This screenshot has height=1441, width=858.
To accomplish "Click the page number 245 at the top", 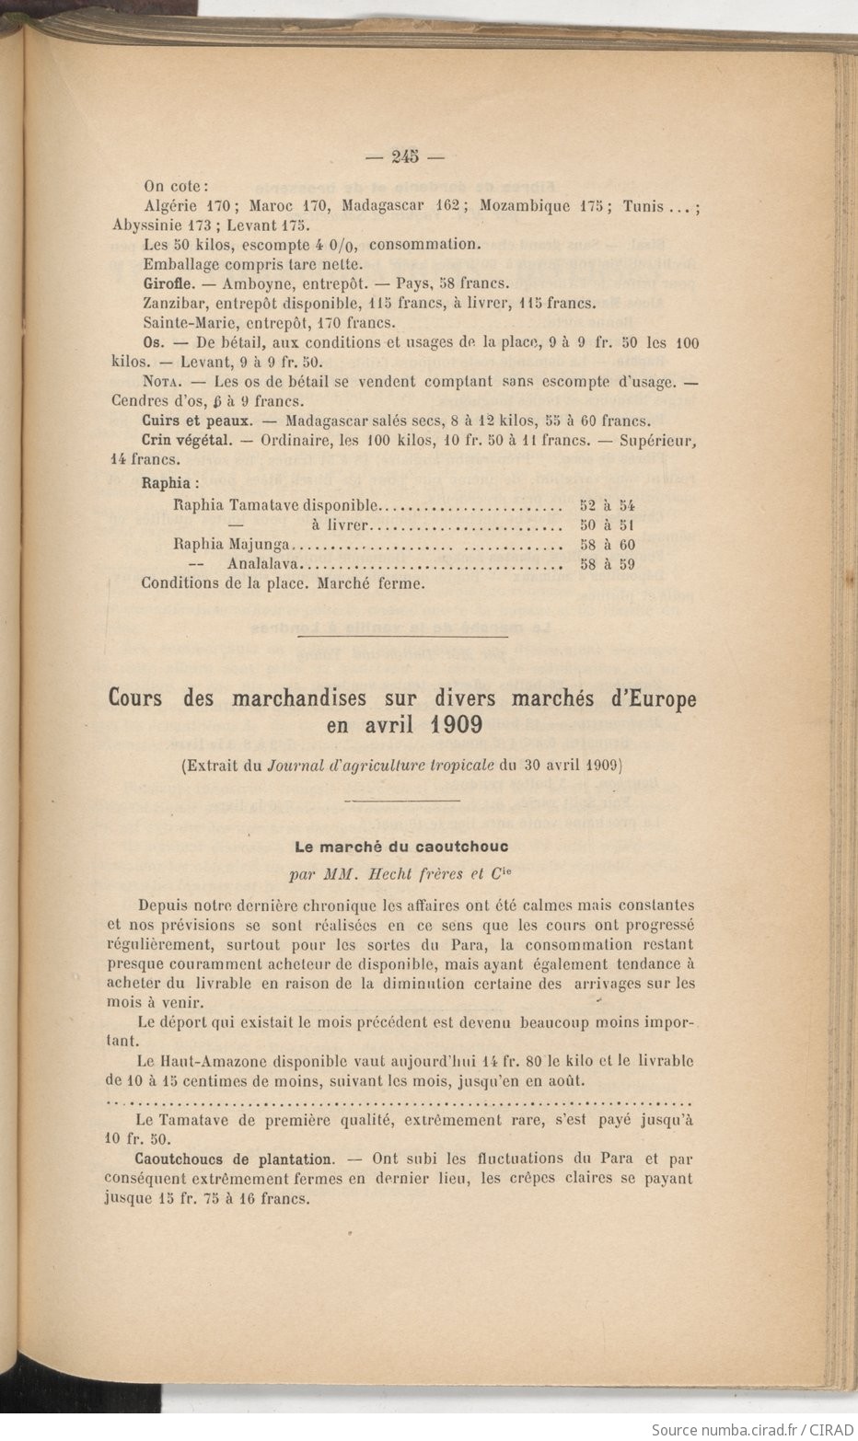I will [x=404, y=156].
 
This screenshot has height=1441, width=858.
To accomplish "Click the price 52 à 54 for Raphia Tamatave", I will [x=608, y=505].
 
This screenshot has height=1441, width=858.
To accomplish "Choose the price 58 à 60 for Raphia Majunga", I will [x=608, y=545].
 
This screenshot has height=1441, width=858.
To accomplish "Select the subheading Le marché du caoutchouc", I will [x=400, y=845].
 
